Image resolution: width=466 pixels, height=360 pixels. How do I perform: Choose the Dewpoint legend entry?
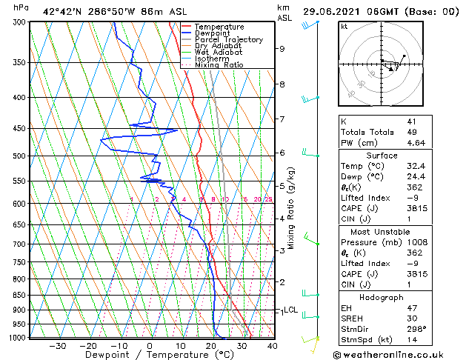point(212,33)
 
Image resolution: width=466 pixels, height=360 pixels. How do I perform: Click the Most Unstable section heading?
point(381,232)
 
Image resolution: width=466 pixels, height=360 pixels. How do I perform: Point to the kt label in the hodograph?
point(344,27)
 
